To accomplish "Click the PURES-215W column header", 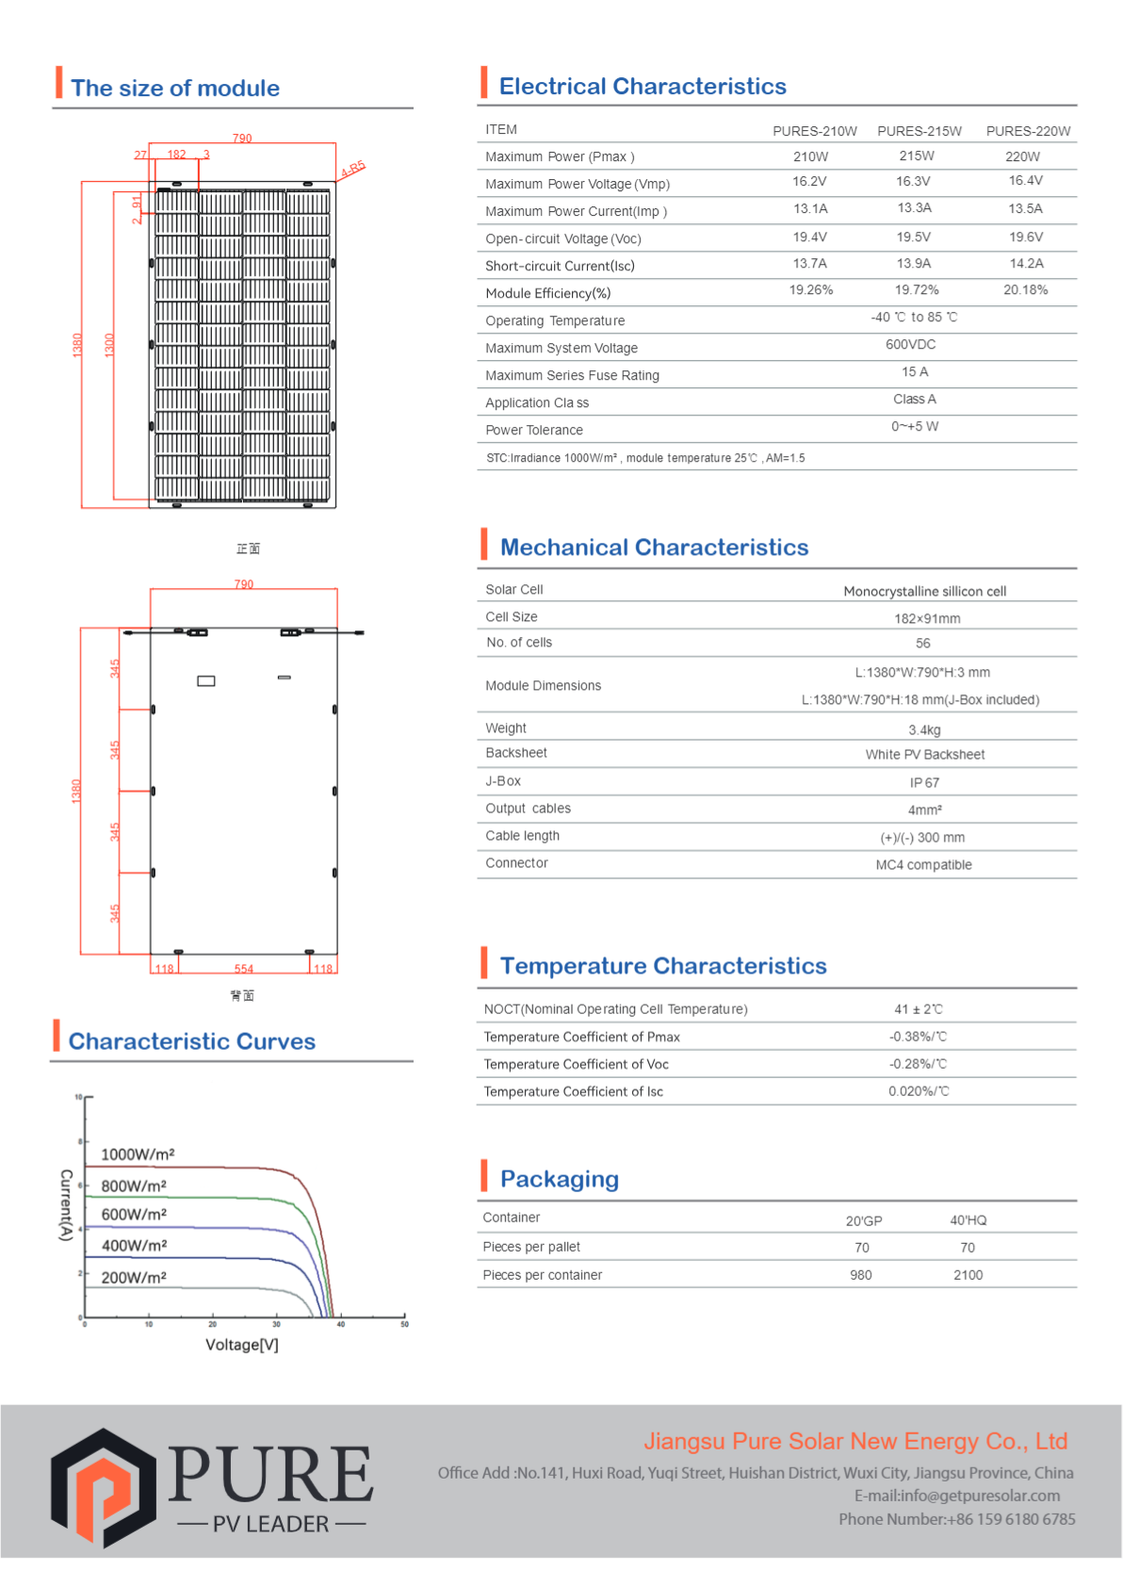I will point(919,131).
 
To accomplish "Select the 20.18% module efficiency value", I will point(1025,290).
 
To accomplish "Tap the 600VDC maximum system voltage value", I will point(910,345).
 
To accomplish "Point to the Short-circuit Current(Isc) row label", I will point(560,267).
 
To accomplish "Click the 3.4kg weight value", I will point(924,730).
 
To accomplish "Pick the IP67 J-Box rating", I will point(924,783).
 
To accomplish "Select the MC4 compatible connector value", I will point(923,865).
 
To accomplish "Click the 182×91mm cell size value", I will point(927,619).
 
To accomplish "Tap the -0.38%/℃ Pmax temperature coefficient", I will point(918,1037).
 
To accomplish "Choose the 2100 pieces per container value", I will point(968,1275).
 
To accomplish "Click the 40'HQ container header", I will point(968,1220).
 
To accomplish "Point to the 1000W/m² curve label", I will point(138,1154).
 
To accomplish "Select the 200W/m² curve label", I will point(134,1278).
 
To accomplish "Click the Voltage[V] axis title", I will point(242,1345).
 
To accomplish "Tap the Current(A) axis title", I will point(66,1204).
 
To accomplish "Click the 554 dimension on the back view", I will point(244,969).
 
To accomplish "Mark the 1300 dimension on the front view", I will point(109,345).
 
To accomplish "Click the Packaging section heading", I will point(559,1179).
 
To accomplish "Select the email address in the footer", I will point(956,1496).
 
